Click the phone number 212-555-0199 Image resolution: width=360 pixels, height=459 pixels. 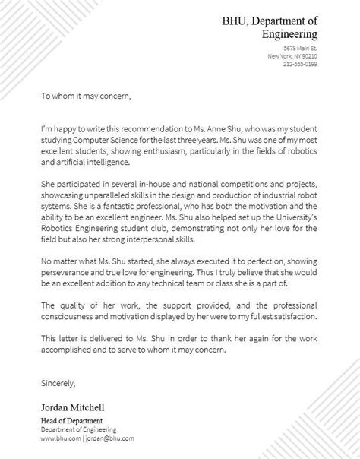[x=302, y=64]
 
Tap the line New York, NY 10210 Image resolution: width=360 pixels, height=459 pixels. [x=292, y=56]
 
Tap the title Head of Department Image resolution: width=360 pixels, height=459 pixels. [x=72, y=420]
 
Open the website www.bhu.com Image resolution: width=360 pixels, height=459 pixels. [x=58, y=438]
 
